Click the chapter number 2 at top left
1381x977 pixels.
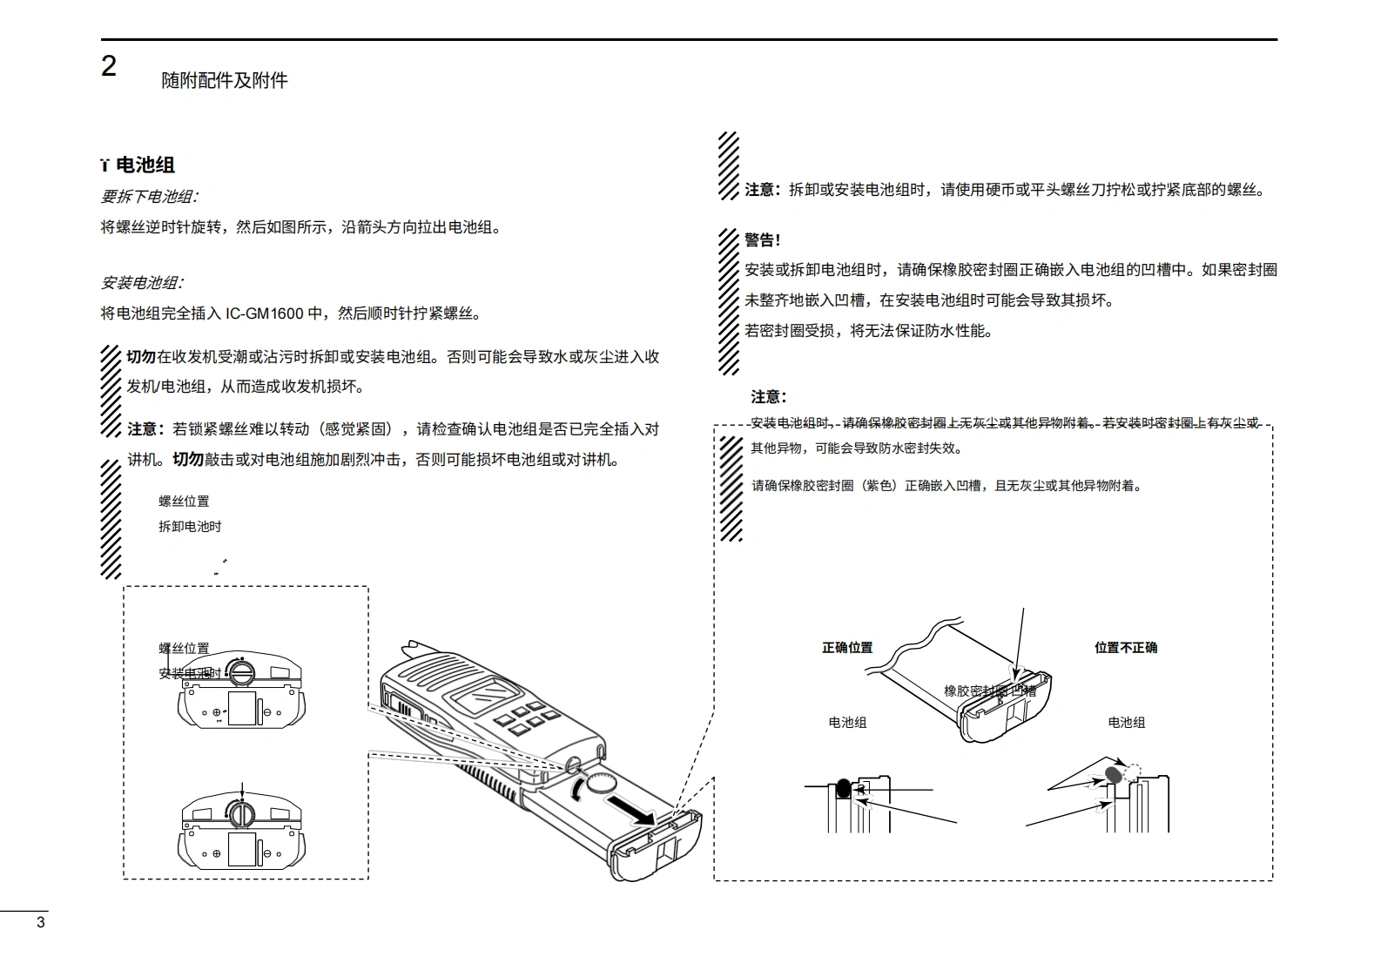[x=109, y=67]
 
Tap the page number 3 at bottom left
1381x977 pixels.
[x=40, y=922]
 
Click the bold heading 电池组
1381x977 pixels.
[x=145, y=165]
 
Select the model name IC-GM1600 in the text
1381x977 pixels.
[x=265, y=313]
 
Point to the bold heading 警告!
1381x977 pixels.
[x=763, y=240]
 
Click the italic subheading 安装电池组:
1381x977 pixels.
[x=142, y=283]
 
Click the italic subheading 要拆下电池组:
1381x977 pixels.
[x=149, y=197]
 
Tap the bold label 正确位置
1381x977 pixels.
[x=847, y=648]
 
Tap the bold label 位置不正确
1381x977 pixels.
[x=1126, y=648]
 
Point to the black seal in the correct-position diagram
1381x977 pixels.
[x=843, y=789]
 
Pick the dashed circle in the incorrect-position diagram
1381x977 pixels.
[x=1132, y=771]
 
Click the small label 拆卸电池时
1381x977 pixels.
[x=190, y=527]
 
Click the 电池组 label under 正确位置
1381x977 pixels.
[x=847, y=723]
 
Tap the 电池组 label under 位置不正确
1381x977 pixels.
[x=1127, y=723]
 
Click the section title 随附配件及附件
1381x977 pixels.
[x=225, y=81]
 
